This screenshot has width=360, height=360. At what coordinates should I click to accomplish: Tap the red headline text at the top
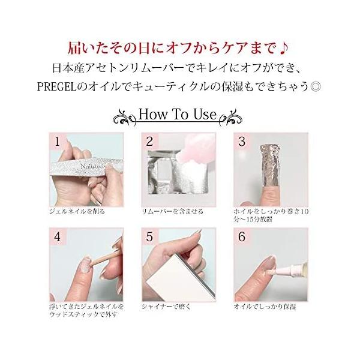point(180,46)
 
